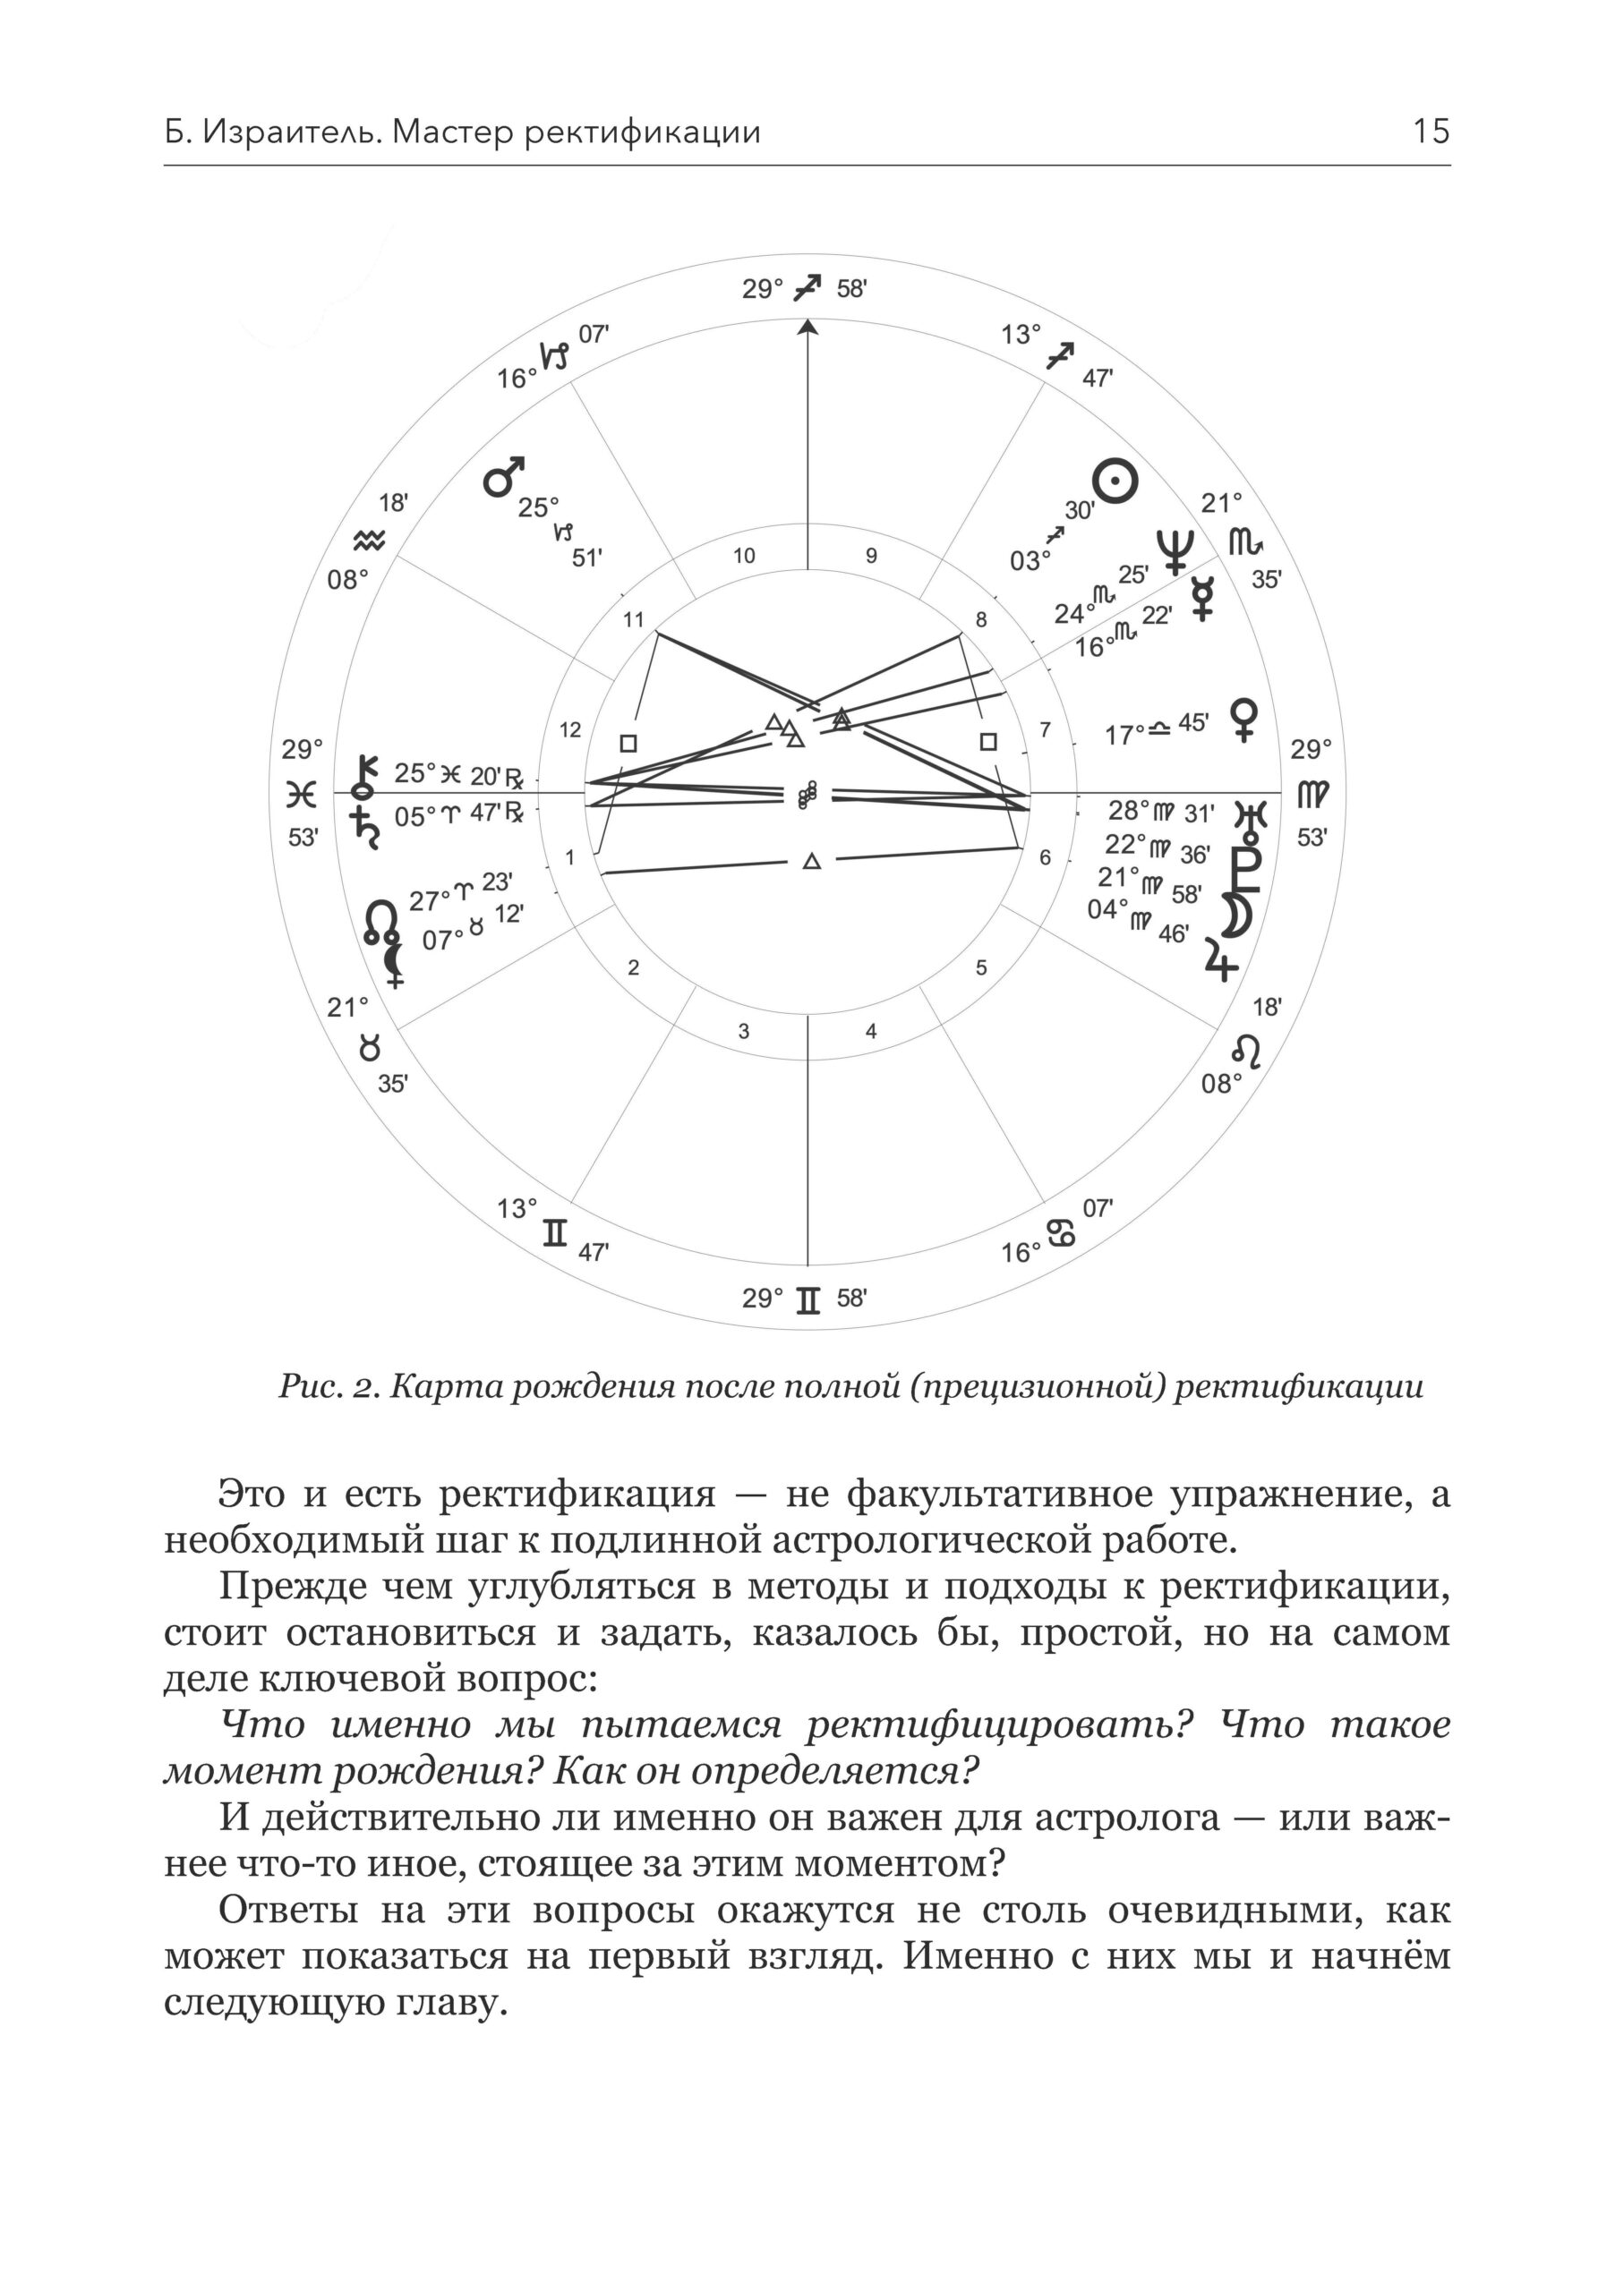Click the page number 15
(x=1431, y=132)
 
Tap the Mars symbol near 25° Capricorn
(x=504, y=476)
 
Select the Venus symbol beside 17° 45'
(x=1245, y=719)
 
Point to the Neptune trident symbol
(x=1175, y=549)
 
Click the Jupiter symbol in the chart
(x=1222, y=958)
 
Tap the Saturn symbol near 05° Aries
(x=364, y=827)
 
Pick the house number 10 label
(x=745, y=557)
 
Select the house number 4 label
(x=870, y=1031)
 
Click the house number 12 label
(x=570, y=730)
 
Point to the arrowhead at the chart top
(x=807, y=328)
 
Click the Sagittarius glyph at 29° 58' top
(x=807, y=288)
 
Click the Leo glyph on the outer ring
(x=1247, y=1050)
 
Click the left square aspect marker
(x=628, y=744)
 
